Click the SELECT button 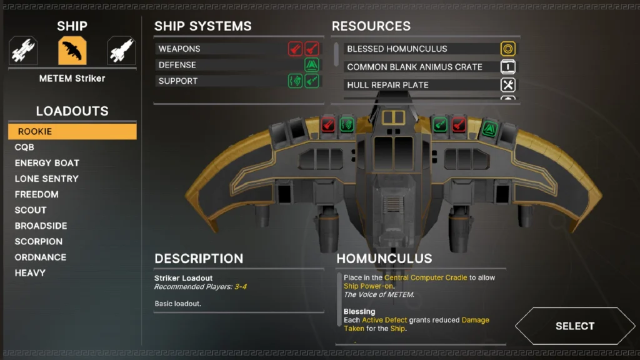[x=574, y=326]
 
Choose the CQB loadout [x=24, y=147]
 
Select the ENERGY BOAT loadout [x=47, y=162]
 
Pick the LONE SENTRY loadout [x=46, y=179]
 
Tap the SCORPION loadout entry [x=38, y=241]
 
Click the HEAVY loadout [x=30, y=272]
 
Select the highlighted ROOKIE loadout [x=72, y=131]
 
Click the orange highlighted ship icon [x=72, y=51]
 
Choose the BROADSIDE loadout [x=41, y=226]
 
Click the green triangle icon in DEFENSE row [x=312, y=65]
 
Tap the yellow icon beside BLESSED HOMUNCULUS [x=508, y=49]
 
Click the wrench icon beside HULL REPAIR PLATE [x=508, y=85]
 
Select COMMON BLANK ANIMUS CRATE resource [x=414, y=67]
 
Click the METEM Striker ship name [x=72, y=79]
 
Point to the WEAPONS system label [x=179, y=49]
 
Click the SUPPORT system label [x=178, y=81]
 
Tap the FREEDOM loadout [x=36, y=194]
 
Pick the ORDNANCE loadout [x=41, y=257]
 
